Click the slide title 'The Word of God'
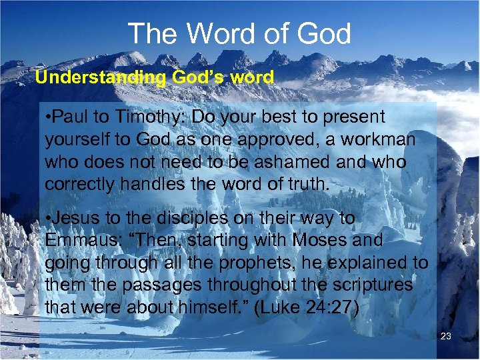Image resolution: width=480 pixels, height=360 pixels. tap(239, 33)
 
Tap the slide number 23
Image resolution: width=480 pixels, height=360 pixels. tap(446, 337)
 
